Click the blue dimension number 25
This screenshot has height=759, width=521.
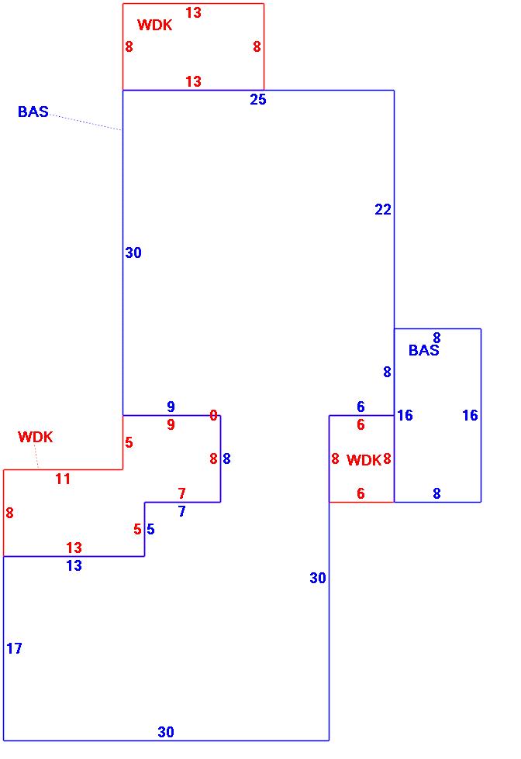tap(258, 99)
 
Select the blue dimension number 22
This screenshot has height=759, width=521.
tap(383, 210)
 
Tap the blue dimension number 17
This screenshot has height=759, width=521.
tap(14, 649)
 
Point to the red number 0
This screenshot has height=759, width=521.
tap(213, 416)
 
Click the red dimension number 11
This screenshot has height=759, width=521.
tap(63, 479)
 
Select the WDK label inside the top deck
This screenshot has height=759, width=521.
tap(155, 25)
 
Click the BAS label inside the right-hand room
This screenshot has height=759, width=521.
tap(423, 351)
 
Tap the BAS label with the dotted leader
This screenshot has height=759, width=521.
tap(33, 112)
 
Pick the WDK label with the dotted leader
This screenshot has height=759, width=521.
tap(36, 437)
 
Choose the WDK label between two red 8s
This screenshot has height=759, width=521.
tap(364, 461)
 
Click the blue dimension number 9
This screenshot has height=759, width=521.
tap(171, 407)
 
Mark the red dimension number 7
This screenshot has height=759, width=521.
tap(181, 493)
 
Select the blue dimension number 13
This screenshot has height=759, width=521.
tap(74, 566)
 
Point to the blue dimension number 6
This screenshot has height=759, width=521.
tap(361, 407)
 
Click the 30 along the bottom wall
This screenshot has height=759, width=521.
tap(166, 732)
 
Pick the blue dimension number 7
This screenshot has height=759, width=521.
tap(181, 512)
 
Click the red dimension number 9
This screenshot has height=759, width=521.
tap(171, 425)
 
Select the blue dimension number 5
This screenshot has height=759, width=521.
tap(150, 530)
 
